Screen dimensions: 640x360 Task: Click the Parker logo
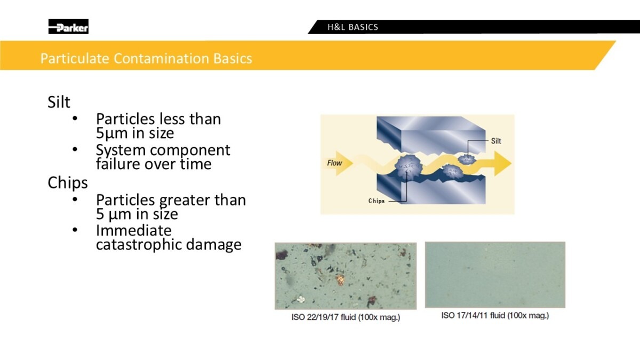[x=68, y=27]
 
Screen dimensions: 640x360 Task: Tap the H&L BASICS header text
[x=353, y=27]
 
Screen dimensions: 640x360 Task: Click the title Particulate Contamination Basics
[x=146, y=58]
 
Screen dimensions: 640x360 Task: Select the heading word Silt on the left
[x=59, y=102]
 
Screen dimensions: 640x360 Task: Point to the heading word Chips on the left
[x=67, y=182]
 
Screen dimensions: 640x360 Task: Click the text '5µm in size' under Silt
[x=135, y=133]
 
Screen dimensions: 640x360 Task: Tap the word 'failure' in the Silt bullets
[x=118, y=164]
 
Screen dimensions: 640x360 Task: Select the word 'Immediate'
[x=134, y=230]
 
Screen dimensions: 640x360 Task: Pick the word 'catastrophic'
[x=139, y=245]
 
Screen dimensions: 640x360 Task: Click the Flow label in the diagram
[x=334, y=163]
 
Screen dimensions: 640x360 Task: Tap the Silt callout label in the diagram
[x=496, y=141]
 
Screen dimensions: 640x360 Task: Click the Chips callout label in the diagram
[x=377, y=201]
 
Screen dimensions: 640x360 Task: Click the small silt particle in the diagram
[x=467, y=159]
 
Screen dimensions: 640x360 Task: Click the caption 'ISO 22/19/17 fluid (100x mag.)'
[x=346, y=317]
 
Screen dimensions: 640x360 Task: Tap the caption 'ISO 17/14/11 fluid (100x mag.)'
[x=495, y=315]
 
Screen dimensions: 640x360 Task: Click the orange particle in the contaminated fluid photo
[x=340, y=279]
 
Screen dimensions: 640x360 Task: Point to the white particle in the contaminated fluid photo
[x=301, y=299]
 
